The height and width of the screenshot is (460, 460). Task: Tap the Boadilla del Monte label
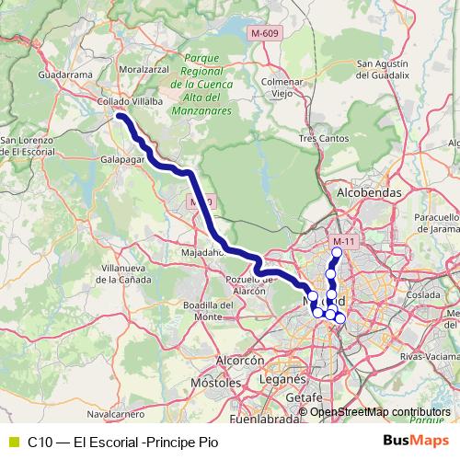click(x=205, y=310)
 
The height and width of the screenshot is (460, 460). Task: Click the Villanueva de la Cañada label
click(x=121, y=273)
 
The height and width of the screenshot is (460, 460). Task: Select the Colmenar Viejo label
click(x=282, y=86)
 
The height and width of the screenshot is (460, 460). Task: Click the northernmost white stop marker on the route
click(x=337, y=252)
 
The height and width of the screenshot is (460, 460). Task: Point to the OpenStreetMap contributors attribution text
click(x=379, y=411)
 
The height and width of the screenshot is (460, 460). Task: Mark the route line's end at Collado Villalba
click(x=120, y=115)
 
